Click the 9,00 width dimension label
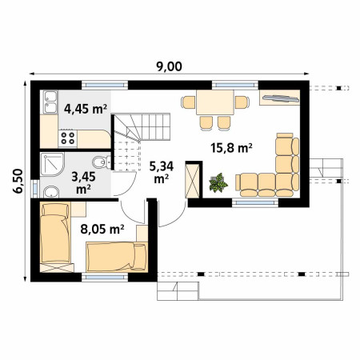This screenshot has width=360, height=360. point(169,66)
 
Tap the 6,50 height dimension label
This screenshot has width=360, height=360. point(18,181)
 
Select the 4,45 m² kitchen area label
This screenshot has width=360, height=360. point(86,109)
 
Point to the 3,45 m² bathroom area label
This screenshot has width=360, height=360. point(83,182)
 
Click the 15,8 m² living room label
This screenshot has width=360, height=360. point(231,148)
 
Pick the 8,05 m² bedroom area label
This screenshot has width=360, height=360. point(102,229)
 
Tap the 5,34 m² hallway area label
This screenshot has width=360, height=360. point(162,173)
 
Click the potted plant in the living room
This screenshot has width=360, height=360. point(218,183)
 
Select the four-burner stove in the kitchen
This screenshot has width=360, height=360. point(68,138)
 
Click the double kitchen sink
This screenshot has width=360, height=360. point(50,102)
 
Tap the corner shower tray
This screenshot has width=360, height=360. point(52,165)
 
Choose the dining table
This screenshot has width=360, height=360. point(215,102)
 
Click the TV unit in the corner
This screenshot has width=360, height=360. point(280,98)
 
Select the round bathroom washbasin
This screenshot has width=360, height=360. point(51,192)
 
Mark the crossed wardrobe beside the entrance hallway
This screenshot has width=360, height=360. point(193,181)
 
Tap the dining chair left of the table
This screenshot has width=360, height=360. point(189,102)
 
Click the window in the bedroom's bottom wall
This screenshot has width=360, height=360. point(105,278)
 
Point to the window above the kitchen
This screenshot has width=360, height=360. point(105,86)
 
